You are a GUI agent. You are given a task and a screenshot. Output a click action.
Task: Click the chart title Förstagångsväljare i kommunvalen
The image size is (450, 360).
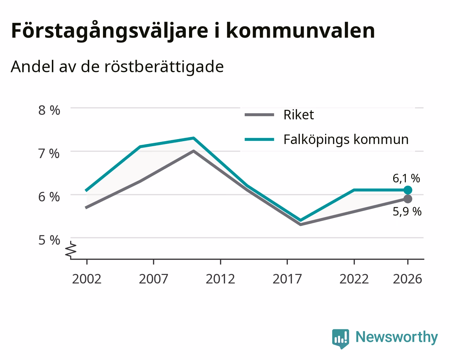[193, 31]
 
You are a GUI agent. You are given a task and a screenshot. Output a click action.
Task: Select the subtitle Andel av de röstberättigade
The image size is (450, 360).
[117, 67]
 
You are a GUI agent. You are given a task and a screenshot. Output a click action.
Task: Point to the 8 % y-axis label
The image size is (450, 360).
[49, 110]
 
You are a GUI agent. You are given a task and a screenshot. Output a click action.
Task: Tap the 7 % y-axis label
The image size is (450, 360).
[49, 154]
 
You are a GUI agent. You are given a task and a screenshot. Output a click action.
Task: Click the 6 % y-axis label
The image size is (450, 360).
[49, 197]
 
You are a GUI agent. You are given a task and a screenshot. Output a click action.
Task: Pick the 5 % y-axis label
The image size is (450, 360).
[49, 240]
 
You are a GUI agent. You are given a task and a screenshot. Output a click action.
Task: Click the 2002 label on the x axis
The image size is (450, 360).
[86, 279]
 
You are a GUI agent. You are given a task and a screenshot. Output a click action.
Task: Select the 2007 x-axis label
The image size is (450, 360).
[153, 279]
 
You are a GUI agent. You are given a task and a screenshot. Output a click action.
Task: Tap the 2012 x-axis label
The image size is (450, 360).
[220, 279]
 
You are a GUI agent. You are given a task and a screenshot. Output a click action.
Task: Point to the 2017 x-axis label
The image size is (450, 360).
[287, 279]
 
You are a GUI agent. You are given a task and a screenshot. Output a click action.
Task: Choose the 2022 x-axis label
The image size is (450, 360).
[354, 279]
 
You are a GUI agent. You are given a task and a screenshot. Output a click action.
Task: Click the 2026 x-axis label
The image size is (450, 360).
[408, 279]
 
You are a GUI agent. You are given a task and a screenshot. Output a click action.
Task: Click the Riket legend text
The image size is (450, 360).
[299, 115]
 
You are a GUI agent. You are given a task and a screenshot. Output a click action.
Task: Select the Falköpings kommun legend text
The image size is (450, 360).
[346, 139]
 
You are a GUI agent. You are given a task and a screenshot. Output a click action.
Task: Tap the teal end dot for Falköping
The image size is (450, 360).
[408, 190]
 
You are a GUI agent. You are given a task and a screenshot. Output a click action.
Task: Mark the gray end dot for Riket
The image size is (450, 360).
[408, 199]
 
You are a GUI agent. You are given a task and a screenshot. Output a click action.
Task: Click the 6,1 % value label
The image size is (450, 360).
[406, 179]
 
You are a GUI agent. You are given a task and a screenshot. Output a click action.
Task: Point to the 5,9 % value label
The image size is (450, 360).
[407, 212]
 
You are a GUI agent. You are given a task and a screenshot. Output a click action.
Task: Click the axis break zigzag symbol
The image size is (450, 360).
[71, 249]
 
